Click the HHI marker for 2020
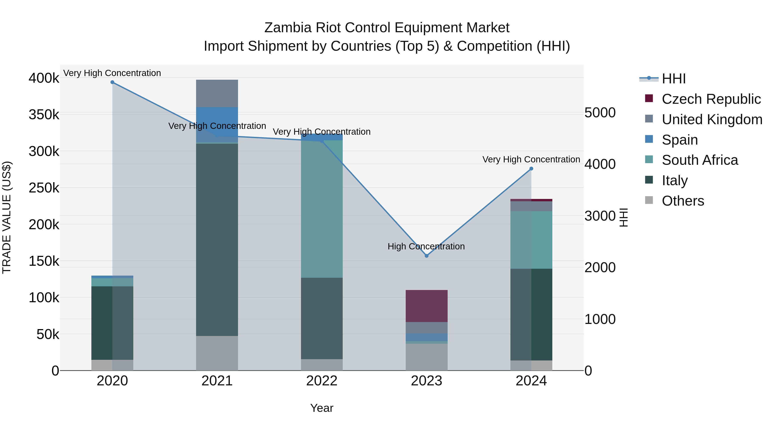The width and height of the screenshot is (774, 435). pyautogui.click(x=112, y=82)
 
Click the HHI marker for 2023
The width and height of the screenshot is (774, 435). pyautogui.click(x=426, y=256)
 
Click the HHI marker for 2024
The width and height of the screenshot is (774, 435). pyautogui.click(x=531, y=169)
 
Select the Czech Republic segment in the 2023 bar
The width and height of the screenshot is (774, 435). pyautogui.click(x=426, y=306)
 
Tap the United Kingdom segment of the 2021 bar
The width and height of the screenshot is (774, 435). pyautogui.click(x=217, y=93)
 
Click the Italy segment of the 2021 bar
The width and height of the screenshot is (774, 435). pyautogui.click(x=217, y=240)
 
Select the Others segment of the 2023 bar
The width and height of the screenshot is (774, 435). pyautogui.click(x=426, y=357)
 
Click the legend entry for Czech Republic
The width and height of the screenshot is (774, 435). pyautogui.click(x=711, y=99)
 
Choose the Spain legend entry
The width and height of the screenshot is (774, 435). pyautogui.click(x=680, y=140)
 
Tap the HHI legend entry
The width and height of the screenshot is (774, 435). pyautogui.click(x=673, y=79)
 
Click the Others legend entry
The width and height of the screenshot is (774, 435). pyautogui.click(x=683, y=201)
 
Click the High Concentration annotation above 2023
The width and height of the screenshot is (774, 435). pyautogui.click(x=426, y=246)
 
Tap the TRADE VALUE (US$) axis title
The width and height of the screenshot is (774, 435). pyautogui.click(x=7, y=217)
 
